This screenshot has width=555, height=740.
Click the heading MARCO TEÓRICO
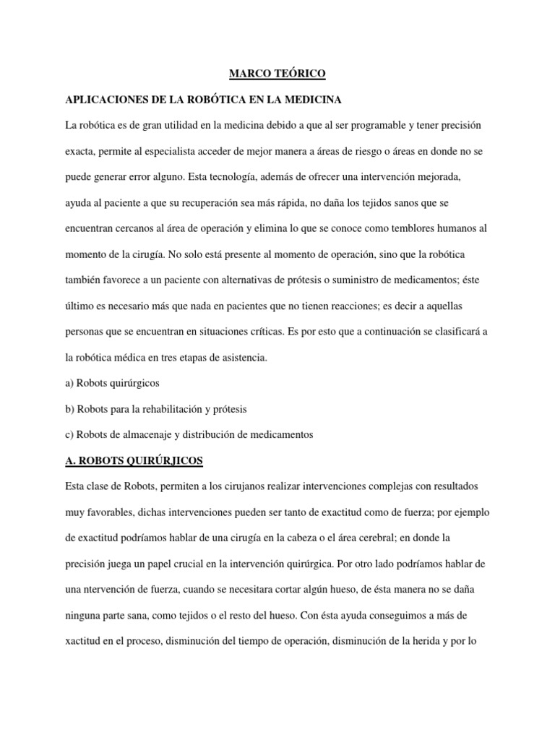point(277,74)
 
